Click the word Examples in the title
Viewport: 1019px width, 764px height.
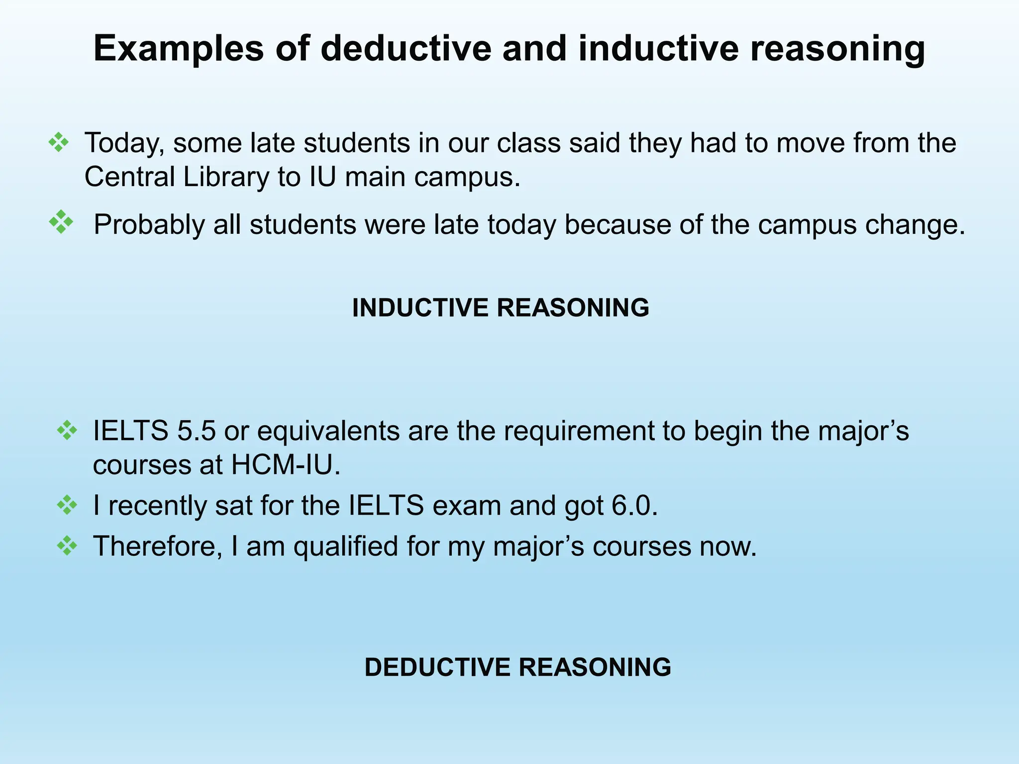tap(178, 49)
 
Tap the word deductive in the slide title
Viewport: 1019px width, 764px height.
tap(406, 48)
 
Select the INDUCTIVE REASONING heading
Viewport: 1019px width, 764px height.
tap(501, 307)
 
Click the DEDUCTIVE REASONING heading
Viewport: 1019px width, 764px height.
tap(517, 667)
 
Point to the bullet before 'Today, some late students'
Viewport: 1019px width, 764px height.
tap(59, 142)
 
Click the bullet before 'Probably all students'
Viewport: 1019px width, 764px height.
tap(61, 222)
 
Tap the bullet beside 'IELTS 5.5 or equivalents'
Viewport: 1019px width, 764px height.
tap(67, 430)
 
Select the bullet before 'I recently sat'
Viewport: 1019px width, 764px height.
tap(67, 506)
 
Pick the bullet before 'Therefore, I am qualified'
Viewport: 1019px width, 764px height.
tap(67, 546)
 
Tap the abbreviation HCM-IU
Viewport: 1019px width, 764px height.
tap(286, 465)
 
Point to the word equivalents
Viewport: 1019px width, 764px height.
tap(328, 431)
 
